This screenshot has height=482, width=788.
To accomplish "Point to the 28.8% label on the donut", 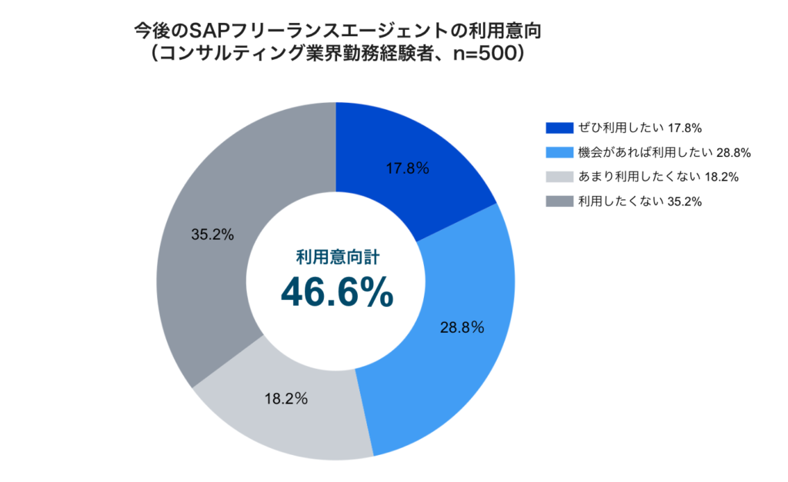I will (462, 327).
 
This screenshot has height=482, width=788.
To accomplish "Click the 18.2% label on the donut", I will (286, 399).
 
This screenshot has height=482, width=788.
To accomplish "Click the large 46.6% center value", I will (336, 293).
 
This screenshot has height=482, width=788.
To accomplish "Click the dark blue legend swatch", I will (559, 127).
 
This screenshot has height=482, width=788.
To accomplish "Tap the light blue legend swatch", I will (559, 151).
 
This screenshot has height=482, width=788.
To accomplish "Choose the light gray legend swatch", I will (559, 176).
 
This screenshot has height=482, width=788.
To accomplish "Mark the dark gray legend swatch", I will (559, 201).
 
